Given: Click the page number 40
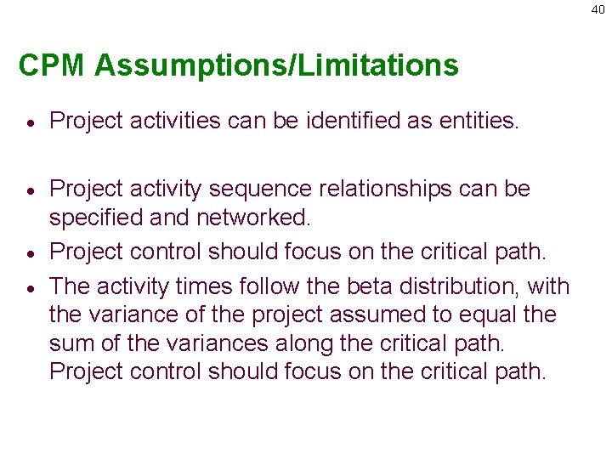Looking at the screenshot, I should coord(598,9).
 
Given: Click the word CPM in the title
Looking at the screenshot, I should coord(52,65).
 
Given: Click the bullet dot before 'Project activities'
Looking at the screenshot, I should coord(28,123).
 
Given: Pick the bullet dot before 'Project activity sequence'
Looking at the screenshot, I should coord(28,190).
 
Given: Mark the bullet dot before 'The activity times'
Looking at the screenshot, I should coord(28,287).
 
